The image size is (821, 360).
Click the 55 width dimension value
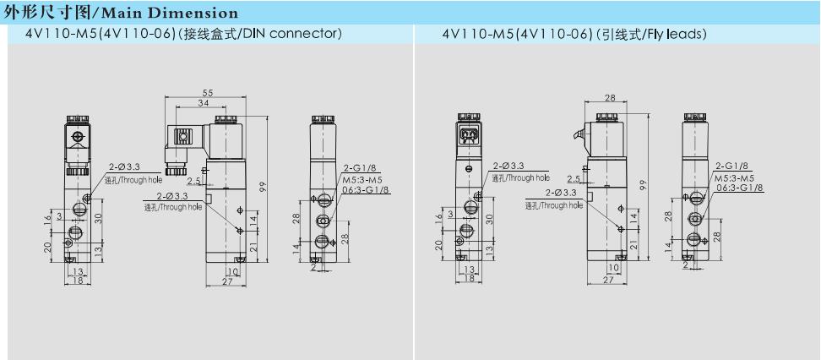(207, 92)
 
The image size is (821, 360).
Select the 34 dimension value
(203, 103)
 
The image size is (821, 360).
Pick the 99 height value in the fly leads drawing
(644, 185)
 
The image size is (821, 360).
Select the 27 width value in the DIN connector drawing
(226, 281)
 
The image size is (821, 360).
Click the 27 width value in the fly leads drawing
(607, 280)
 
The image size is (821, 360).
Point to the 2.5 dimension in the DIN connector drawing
(194, 182)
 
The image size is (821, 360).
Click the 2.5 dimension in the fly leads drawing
(574, 179)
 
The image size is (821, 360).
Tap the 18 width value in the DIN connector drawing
(78, 281)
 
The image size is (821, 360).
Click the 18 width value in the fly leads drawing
(469, 279)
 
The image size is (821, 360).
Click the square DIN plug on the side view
(182, 138)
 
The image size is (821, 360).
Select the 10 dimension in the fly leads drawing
(615, 268)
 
